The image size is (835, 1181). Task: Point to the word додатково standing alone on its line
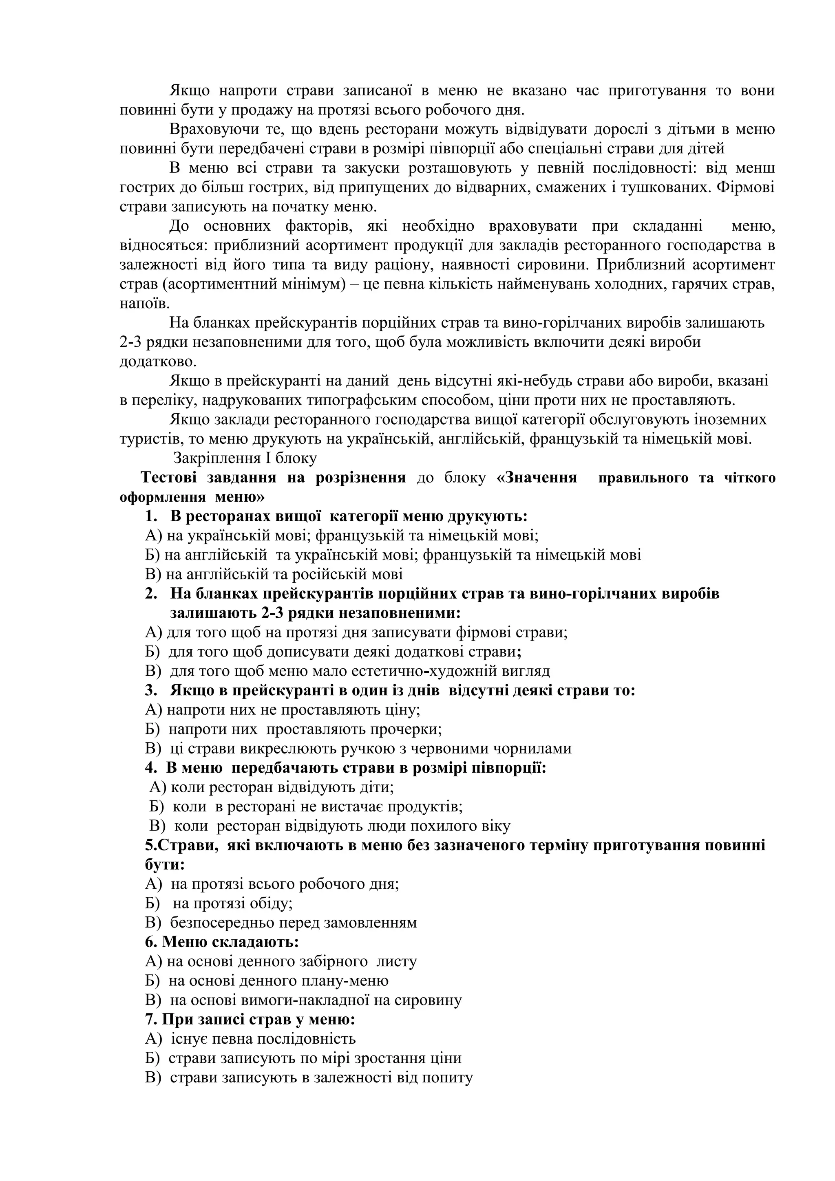[x=157, y=361]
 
